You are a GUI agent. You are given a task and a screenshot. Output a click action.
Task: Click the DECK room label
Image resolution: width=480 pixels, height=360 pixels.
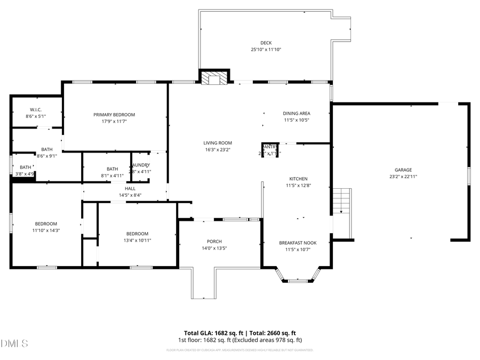266,43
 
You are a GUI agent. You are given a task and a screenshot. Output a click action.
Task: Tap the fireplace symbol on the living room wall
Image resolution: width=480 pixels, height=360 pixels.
214,78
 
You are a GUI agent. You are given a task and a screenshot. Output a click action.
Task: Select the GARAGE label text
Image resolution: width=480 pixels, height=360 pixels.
403,170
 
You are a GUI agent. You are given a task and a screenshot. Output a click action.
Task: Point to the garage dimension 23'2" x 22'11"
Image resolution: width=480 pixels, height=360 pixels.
403,177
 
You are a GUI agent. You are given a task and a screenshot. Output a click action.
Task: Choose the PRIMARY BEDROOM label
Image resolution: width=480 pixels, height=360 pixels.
114,115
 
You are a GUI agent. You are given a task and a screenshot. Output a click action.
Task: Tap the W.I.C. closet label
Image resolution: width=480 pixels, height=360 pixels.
36,109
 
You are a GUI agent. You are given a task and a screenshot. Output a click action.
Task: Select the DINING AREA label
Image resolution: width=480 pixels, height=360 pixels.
297,113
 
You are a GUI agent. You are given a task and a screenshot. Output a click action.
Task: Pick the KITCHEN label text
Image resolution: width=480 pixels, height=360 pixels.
298,179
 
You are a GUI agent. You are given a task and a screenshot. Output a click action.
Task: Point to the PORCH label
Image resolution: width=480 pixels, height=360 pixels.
214,242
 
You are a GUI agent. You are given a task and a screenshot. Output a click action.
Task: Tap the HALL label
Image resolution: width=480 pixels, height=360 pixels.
130,188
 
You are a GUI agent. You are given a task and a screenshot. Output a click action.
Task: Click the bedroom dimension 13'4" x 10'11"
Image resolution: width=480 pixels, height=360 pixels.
137,241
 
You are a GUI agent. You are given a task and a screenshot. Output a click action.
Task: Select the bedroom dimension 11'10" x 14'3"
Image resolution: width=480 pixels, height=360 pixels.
46,230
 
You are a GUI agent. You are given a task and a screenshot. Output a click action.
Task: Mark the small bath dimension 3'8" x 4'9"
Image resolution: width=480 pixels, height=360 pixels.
25,174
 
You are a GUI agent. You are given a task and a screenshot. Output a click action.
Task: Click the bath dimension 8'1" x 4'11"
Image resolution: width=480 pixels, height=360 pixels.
112,175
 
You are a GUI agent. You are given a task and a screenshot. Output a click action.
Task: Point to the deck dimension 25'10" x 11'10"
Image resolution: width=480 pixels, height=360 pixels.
266,50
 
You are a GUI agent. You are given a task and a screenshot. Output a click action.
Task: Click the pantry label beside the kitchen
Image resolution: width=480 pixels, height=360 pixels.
270,147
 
